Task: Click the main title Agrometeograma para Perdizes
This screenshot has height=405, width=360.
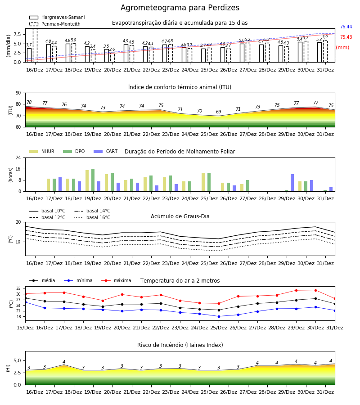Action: [x=180, y=8]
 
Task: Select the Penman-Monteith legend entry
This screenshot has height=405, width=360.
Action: [x=55, y=24]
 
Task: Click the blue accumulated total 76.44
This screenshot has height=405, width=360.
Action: [x=346, y=27]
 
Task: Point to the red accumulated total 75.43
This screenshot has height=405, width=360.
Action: [x=346, y=37]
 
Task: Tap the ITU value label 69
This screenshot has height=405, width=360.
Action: [x=219, y=112]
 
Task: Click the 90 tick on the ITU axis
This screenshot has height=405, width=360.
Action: [x=18, y=93]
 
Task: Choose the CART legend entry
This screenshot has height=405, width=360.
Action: [x=106, y=151]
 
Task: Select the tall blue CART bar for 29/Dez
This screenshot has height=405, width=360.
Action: [x=292, y=183]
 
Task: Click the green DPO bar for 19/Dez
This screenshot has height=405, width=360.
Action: [x=93, y=180]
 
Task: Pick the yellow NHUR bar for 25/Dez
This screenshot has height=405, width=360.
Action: [x=203, y=182]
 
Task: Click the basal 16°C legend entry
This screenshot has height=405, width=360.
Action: [x=92, y=217]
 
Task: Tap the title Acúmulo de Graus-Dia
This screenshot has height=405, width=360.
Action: [x=180, y=216]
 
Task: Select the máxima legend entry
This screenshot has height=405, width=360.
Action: [x=116, y=280]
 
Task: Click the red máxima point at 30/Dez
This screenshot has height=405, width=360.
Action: [x=315, y=290]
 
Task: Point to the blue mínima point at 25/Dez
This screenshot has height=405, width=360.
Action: [x=219, y=316]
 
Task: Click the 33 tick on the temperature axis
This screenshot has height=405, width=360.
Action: [x=18, y=288]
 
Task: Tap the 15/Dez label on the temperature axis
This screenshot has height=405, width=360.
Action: [x=25, y=328]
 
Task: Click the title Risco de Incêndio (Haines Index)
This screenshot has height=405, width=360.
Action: [x=180, y=345]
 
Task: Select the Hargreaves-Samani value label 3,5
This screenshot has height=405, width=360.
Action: [x=106, y=46]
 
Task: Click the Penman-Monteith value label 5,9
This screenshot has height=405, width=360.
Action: [x=325, y=37]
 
